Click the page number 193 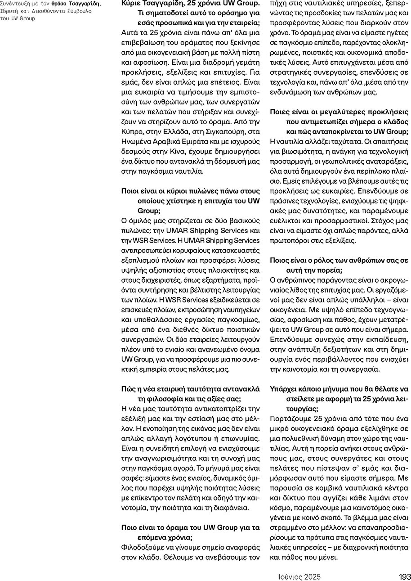coord(404,576)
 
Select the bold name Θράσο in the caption coord(61,3)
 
